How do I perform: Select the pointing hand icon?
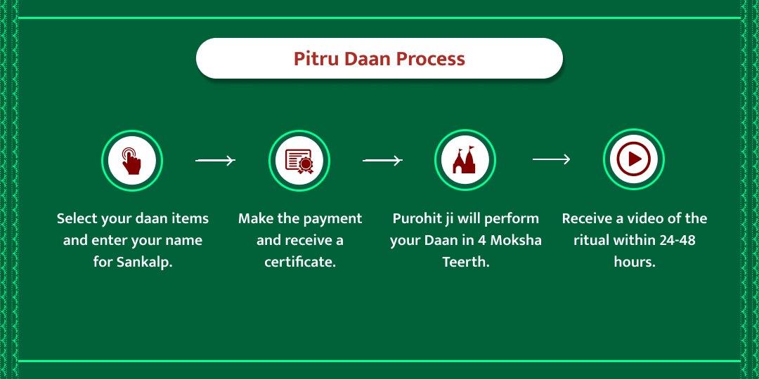tap(132, 160)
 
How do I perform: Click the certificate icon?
tap(299, 160)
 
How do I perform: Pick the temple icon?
tap(465, 160)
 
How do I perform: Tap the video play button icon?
tap(634, 159)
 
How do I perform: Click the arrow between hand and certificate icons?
tap(215, 161)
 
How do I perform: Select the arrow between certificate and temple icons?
tap(382, 161)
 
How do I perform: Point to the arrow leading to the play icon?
tap(551, 160)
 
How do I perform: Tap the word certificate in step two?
tap(299, 262)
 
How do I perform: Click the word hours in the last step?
tap(634, 262)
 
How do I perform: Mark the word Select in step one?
tap(77, 218)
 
